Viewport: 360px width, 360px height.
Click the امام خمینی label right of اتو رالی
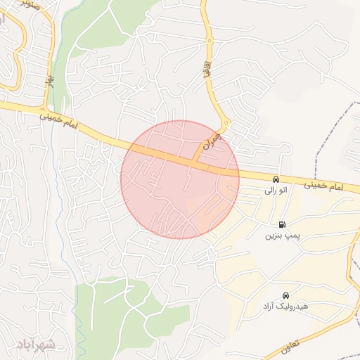tap(324, 185)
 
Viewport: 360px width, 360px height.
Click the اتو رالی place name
tap(275, 191)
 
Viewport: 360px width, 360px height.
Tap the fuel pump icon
tap(282, 224)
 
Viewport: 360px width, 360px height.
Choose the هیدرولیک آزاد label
tap(285, 307)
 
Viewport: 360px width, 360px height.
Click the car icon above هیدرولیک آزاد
tap(285, 296)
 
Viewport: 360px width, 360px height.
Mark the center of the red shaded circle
tap(180, 179)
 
